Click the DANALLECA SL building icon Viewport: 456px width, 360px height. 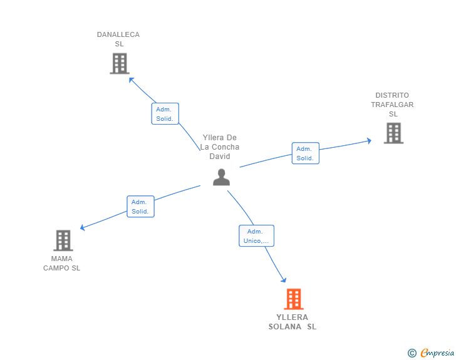(x=119, y=63)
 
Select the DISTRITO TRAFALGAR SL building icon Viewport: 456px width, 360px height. (x=393, y=133)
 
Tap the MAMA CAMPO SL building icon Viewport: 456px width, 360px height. (x=63, y=240)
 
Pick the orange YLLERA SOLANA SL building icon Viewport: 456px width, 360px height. (x=293, y=299)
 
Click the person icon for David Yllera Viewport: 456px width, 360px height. (x=221, y=177)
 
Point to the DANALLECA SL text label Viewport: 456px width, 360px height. (x=118, y=39)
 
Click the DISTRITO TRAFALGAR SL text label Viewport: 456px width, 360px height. (x=393, y=105)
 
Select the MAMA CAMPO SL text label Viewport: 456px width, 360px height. (x=61, y=264)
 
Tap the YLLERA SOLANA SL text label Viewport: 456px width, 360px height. (x=293, y=322)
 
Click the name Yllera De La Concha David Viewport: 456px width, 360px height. (x=220, y=147)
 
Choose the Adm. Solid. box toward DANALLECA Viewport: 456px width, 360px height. (x=165, y=114)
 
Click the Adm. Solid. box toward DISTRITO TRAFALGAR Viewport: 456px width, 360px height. (x=305, y=153)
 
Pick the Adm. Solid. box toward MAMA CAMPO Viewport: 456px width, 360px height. (x=140, y=207)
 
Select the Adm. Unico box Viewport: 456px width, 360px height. (x=256, y=236)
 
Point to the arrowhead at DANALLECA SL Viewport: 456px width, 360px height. (x=131, y=80)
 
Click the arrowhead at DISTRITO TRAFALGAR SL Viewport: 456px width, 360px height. (x=369, y=141)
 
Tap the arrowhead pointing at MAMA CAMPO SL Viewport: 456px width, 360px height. (x=82, y=228)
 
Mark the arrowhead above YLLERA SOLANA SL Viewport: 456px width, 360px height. (x=284, y=280)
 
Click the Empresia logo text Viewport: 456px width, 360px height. (x=437, y=353)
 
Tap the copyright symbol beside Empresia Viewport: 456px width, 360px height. (x=412, y=354)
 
